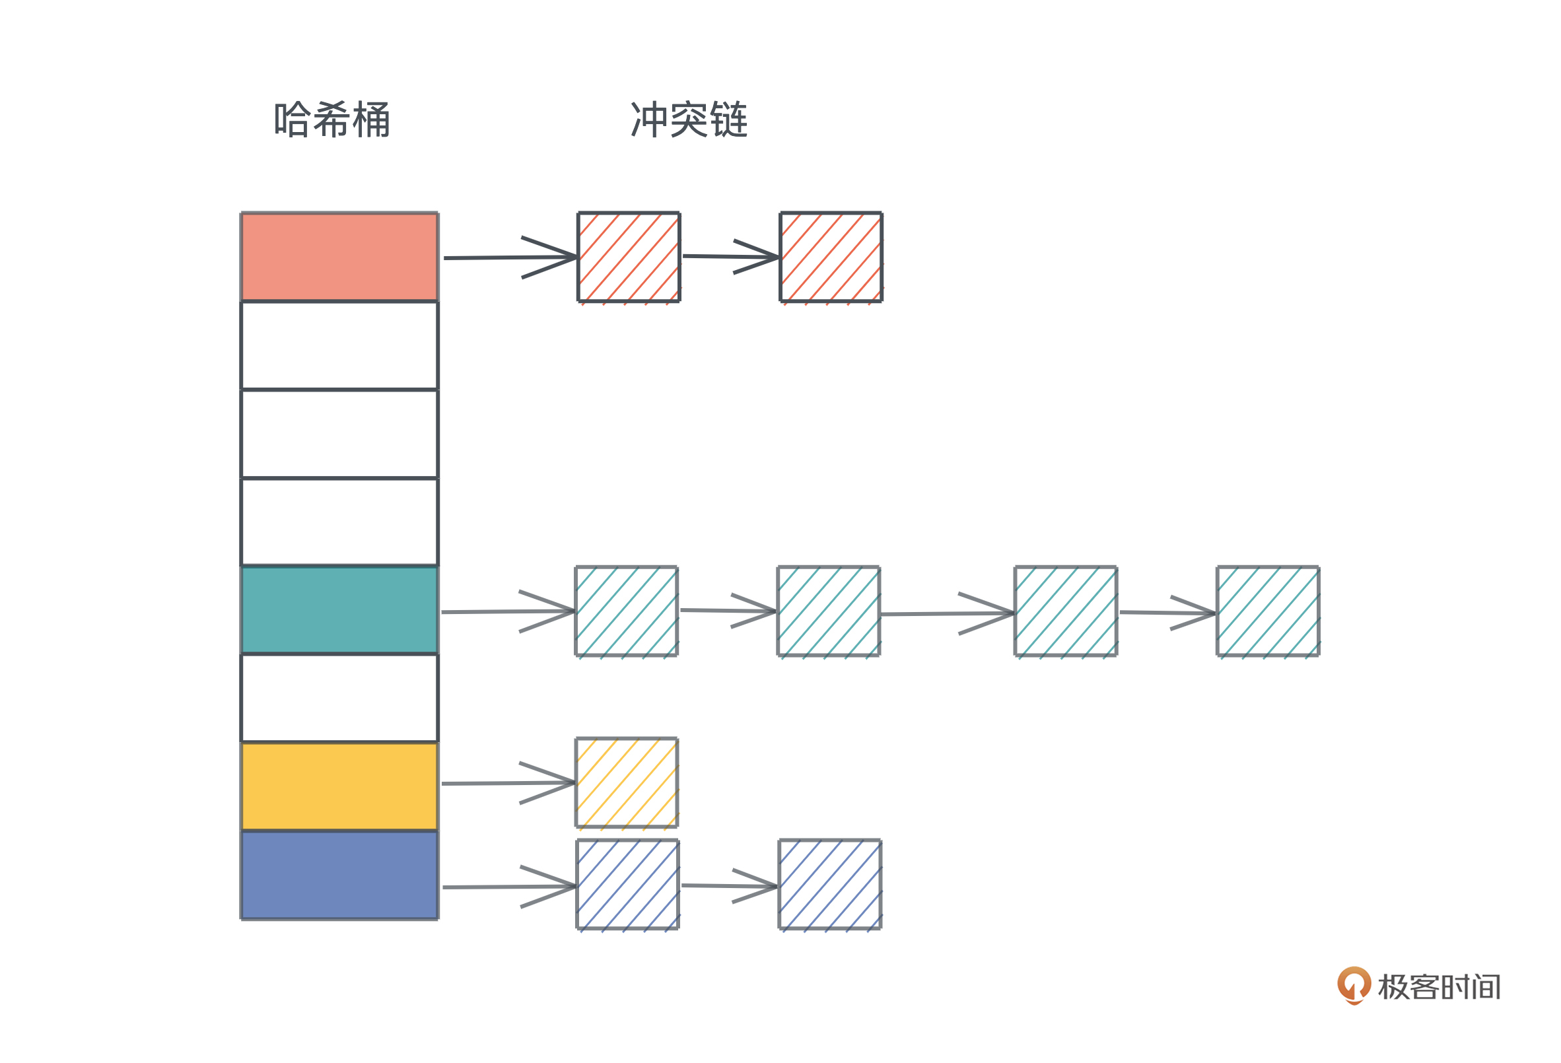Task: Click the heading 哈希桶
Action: [332, 120]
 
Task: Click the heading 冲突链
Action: [689, 120]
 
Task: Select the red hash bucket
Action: [339, 257]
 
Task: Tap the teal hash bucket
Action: [339, 609]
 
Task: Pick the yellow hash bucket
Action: [339, 786]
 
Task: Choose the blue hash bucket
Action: [339, 875]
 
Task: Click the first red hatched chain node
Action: [629, 257]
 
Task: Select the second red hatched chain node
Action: [831, 257]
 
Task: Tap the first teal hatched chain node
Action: [626, 611]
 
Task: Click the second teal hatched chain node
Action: [828, 611]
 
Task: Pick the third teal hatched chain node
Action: [1065, 611]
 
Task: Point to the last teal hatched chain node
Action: [1267, 611]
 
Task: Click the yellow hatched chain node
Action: [626, 782]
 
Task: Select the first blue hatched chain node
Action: [627, 884]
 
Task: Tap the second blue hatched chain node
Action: [829, 884]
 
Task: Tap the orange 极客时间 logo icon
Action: [1354, 985]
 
